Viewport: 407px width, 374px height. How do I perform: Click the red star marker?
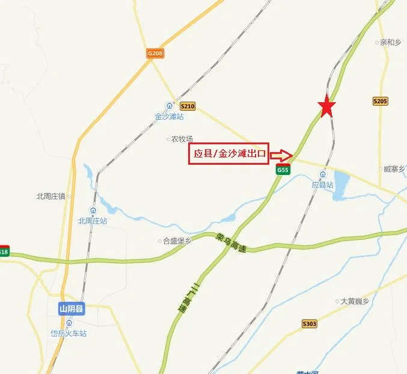tap(326, 107)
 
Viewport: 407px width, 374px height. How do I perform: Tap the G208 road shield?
tap(155, 53)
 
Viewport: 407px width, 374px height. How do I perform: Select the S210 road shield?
tap(188, 106)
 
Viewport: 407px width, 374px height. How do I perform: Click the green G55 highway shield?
tap(283, 171)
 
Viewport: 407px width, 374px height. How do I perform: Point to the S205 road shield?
tap(380, 102)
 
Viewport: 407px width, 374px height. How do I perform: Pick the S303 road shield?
tap(309, 324)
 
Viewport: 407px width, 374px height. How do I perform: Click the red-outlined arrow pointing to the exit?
tap(281, 155)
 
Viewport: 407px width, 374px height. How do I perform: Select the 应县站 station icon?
tap(323, 175)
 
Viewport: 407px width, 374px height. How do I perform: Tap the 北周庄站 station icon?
tap(93, 210)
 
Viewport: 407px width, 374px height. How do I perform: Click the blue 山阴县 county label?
tap(72, 310)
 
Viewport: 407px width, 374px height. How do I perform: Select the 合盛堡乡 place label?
tap(176, 241)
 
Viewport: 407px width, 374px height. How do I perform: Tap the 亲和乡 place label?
tap(390, 43)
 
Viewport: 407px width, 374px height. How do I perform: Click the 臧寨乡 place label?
tap(394, 170)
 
